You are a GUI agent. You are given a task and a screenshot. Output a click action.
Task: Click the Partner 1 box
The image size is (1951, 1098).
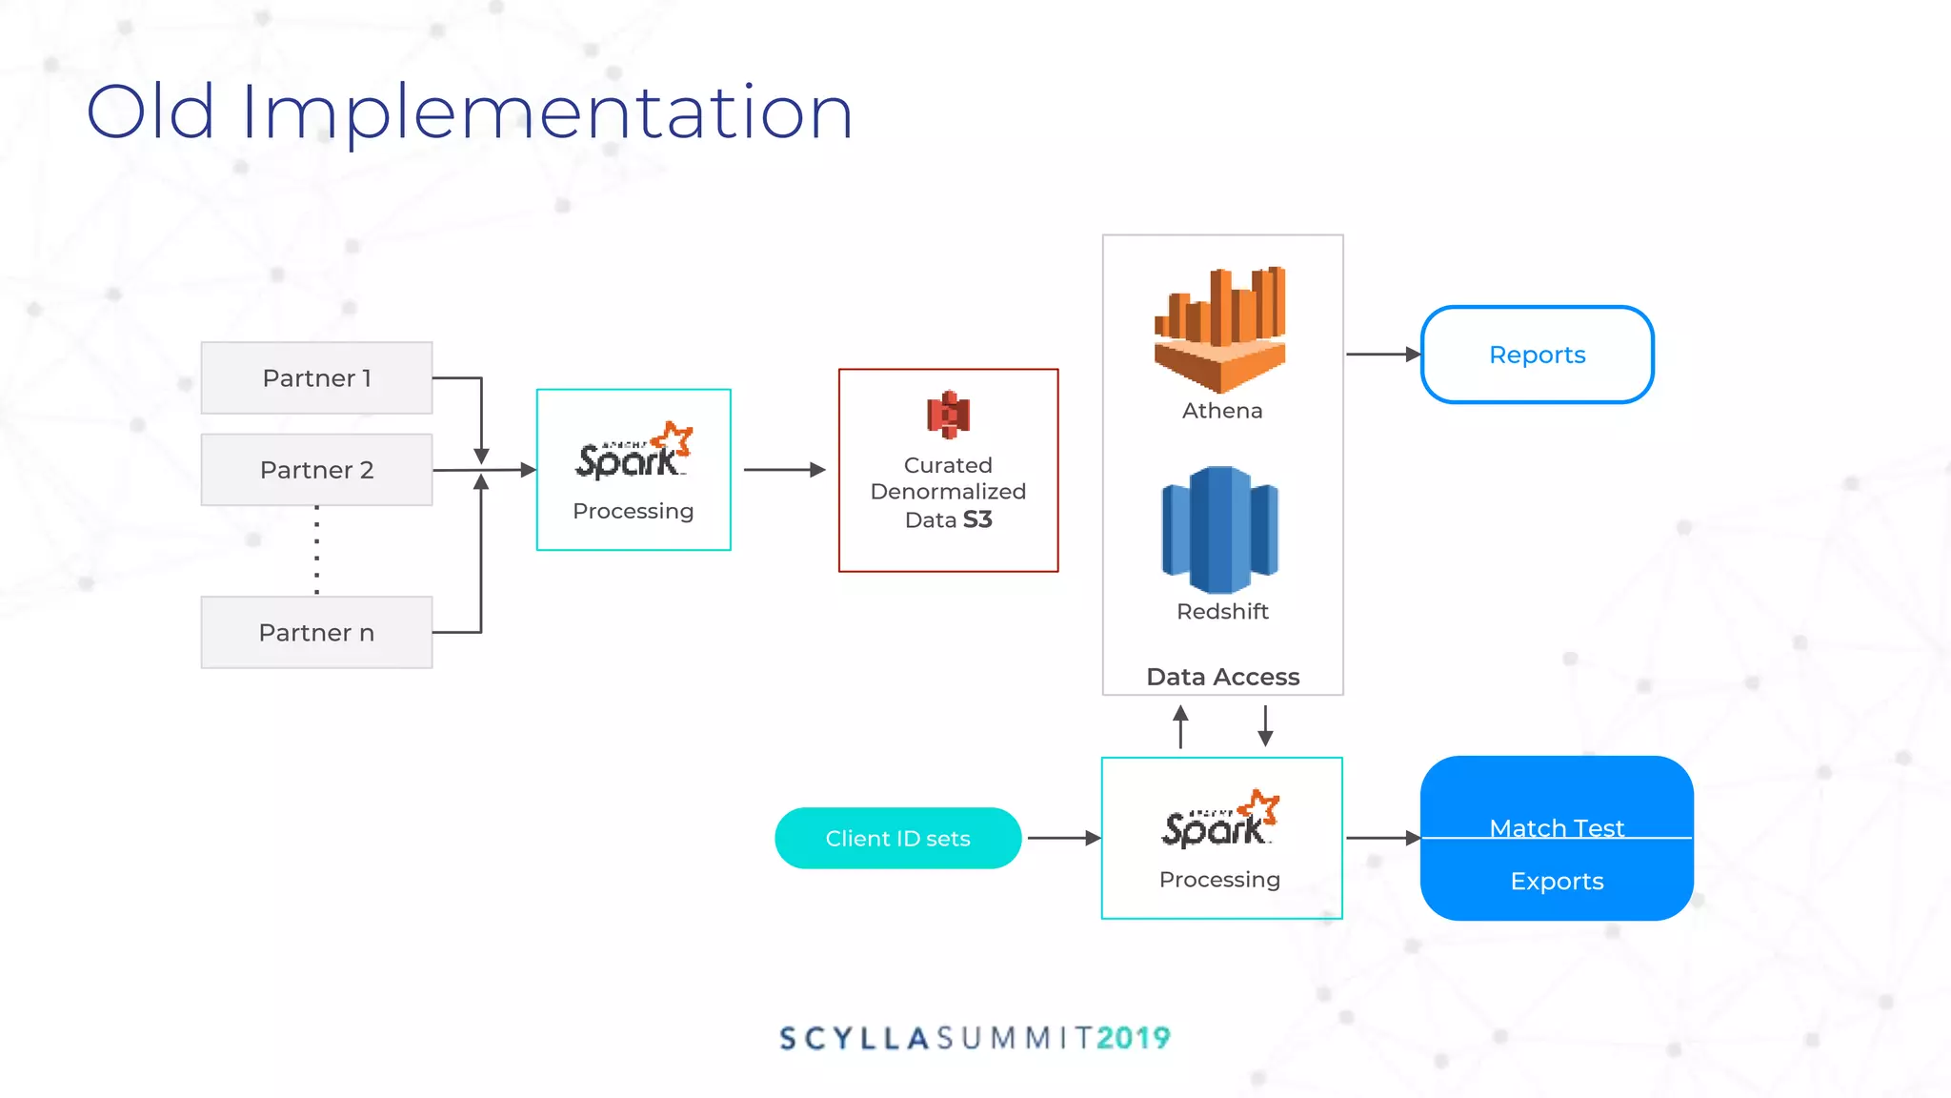click(x=316, y=378)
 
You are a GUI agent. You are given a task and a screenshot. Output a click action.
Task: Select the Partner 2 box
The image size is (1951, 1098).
click(x=316, y=470)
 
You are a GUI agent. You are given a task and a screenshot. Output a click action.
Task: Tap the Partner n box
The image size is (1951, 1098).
click(x=316, y=633)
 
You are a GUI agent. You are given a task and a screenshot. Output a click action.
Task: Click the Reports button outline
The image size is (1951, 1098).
click(x=1537, y=355)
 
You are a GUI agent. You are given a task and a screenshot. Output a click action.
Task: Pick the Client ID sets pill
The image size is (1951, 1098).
click(x=897, y=839)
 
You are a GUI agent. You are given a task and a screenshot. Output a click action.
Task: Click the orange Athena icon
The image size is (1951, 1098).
click(x=1220, y=329)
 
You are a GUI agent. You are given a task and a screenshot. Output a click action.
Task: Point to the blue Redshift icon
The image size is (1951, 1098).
click(x=1220, y=529)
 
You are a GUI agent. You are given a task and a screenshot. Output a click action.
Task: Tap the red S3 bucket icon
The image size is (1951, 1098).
click(x=948, y=415)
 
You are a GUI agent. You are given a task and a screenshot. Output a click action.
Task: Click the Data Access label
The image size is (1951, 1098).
click(x=1222, y=677)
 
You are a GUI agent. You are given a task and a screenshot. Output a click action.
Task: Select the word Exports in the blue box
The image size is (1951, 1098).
click(x=1557, y=882)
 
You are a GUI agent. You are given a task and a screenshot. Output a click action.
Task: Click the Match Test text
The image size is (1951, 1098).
click(x=1557, y=827)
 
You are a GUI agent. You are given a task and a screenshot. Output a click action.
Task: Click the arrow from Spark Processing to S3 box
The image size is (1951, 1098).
click(x=784, y=470)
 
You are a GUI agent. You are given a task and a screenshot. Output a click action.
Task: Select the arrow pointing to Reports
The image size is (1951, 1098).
click(x=1382, y=355)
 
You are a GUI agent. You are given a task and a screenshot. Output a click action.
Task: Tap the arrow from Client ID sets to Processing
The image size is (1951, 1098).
click(x=1063, y=839)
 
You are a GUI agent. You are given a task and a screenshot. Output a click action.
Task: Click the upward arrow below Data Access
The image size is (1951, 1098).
click(x=1180, y=726)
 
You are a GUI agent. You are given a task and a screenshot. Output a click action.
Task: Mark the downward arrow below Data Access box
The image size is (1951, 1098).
click(x=1265, y=726)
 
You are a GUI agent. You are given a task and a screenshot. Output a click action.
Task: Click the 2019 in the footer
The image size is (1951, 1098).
click(x=1134, y=1038)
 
